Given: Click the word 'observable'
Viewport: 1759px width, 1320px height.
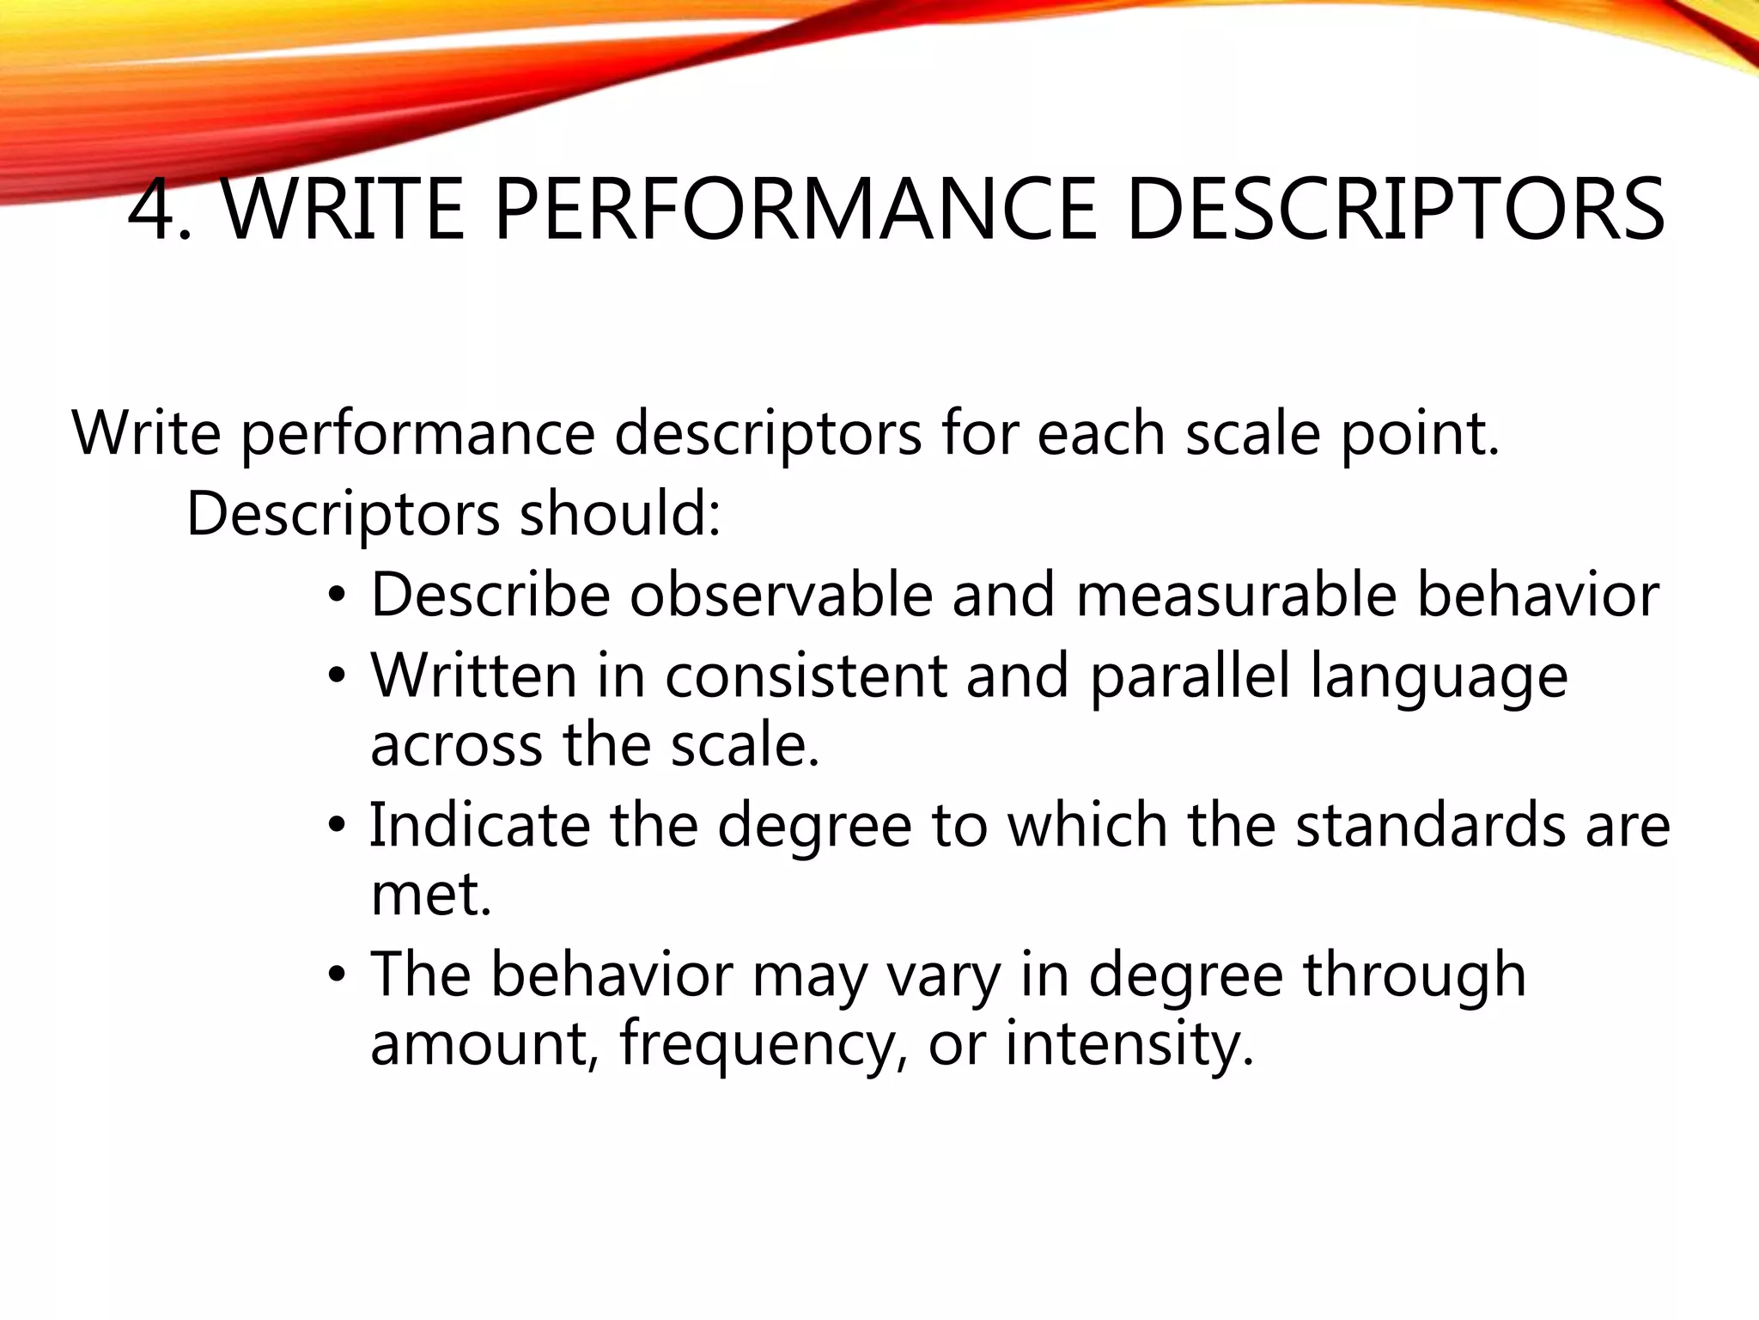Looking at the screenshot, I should [781, 595].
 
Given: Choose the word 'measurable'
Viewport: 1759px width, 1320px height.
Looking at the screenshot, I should [1236, 595].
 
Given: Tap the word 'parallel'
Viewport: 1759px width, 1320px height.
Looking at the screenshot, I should [1190, 675].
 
